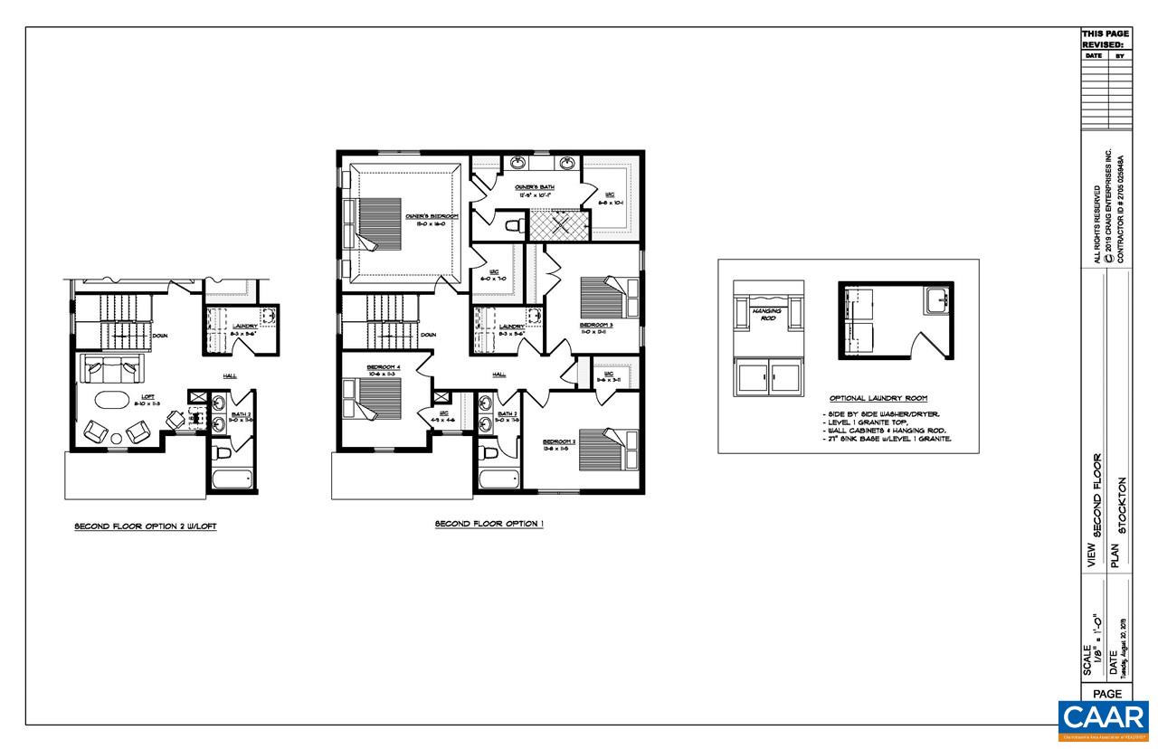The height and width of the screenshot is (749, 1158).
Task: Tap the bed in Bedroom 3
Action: coord(600,298)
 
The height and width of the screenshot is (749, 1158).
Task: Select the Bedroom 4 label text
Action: coord(384,368)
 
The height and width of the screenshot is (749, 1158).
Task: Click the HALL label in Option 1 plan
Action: coord(498,374)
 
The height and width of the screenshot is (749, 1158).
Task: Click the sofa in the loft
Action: coord(111,367)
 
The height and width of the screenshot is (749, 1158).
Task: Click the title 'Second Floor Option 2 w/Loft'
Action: coord(145,526)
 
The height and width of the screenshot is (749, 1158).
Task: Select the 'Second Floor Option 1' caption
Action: coord(489,524)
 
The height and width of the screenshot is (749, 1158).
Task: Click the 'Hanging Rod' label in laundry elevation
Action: coord(766,314)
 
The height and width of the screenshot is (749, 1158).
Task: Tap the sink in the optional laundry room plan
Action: coord(935,300)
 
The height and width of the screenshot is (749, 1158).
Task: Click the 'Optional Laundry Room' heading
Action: coord(878,398)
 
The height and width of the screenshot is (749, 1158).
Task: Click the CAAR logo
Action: coord(1104,720)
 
